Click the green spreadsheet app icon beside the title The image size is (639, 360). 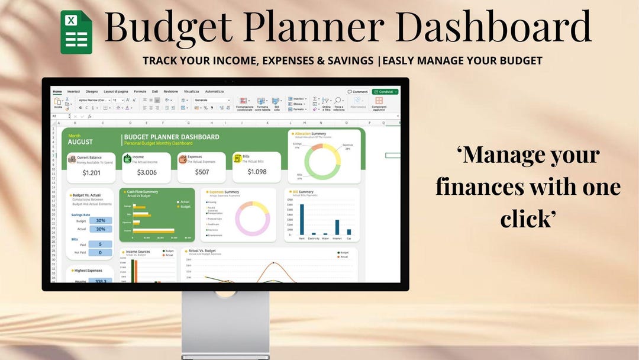(76, 32)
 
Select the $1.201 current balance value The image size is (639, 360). (92, 172)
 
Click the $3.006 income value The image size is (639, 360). (147, 172)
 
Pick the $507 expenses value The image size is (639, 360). (202, 172)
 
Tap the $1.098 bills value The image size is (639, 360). (257, 172)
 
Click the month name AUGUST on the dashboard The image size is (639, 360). (80, 142)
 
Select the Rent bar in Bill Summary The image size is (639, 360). (302, 220)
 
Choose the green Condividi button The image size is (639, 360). (385, 92)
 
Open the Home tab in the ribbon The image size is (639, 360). (57, 92)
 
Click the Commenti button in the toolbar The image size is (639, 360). (358, 92)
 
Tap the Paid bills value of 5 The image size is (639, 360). (101, 244)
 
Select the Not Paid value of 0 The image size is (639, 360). (101, 252)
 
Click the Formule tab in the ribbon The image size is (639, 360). (140, 92)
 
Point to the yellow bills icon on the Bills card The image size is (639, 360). (238, 158)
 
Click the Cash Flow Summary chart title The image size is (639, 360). (143, 192)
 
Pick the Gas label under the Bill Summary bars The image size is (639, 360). (349, 239)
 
